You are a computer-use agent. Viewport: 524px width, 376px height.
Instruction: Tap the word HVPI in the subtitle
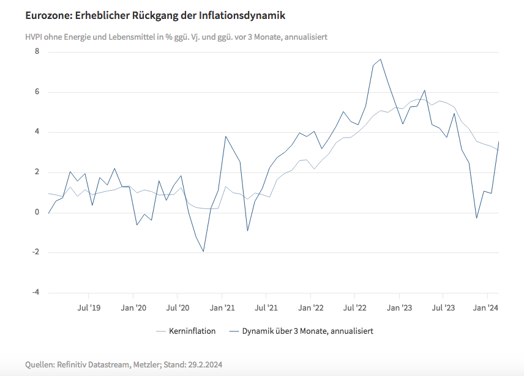35,37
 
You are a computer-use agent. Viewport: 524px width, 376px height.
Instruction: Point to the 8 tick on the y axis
37,51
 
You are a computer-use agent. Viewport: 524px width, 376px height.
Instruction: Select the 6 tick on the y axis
37,92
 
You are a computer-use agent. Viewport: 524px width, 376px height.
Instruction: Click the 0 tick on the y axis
37,212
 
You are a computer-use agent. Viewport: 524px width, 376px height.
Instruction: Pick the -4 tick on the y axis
36,292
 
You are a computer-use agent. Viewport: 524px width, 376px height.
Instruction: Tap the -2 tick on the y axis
36,253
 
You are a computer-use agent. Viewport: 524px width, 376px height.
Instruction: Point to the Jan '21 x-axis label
222,308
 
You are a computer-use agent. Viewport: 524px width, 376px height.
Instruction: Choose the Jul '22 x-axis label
356,308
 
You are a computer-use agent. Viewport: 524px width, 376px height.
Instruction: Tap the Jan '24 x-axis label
487,308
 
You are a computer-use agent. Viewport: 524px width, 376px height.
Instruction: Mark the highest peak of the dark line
381,59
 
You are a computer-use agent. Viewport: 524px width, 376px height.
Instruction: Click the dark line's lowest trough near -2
203,251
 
